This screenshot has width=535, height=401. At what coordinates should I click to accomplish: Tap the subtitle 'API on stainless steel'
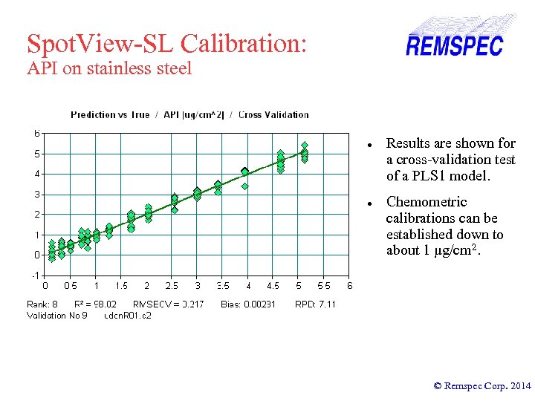(109, 69)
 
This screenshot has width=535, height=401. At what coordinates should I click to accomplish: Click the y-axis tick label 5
(36, 154)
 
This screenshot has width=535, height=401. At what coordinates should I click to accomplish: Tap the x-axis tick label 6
(350, 286)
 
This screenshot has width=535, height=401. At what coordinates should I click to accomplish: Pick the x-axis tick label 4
(248, 286)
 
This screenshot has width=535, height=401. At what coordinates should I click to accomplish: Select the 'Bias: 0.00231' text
(248, 304)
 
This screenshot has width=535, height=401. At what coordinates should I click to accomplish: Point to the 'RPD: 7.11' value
(315, 304)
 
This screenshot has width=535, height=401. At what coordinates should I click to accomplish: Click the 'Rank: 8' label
(42, 304)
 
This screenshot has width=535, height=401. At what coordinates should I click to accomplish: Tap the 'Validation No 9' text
(57, 316)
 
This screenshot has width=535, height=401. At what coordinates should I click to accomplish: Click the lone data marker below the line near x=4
(245, 186)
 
